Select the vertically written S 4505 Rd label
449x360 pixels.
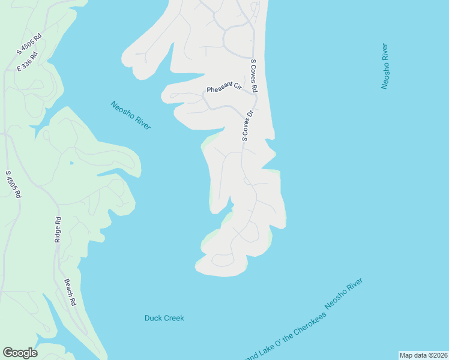point(13,185)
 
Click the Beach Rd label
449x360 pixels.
point(70,293)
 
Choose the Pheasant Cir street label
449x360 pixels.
point(223,89)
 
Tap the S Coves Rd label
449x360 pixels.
point(254,76)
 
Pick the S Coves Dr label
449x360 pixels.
point(247,125)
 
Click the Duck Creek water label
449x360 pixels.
point(164,318)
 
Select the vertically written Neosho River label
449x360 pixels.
point(385,66)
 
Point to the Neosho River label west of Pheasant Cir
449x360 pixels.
point(131,115)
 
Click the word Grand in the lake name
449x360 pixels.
point(251,354)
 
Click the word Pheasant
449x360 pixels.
point(219,90)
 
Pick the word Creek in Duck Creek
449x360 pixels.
point(173,318)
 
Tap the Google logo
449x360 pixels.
point(20,353)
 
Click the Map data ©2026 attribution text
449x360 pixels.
point(423,355)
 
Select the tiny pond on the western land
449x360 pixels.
point(71,163)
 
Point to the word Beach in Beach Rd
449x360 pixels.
point(67,287)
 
